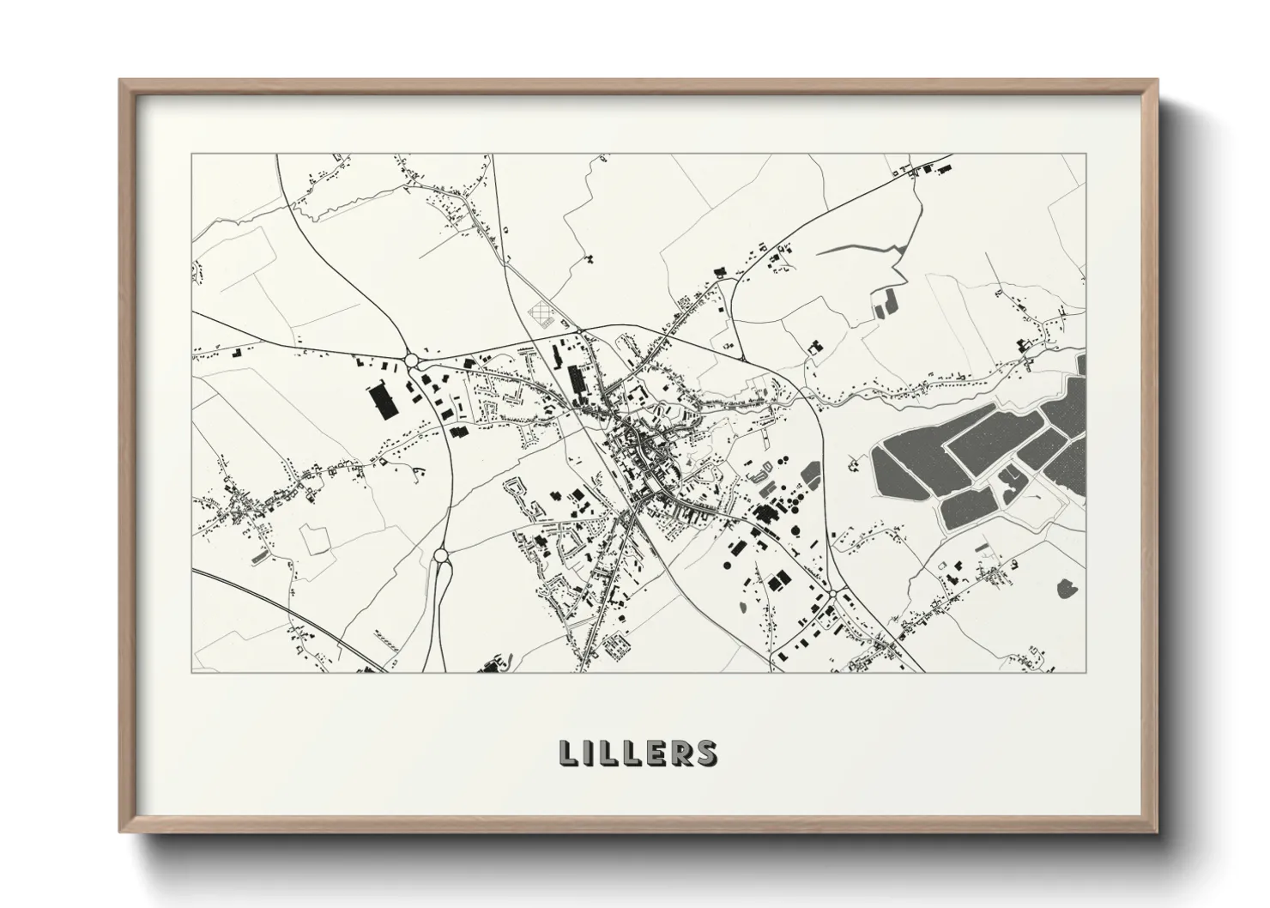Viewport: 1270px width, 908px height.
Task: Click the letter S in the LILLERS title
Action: point(706,753)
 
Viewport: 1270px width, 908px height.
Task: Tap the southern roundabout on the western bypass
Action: point(441,556)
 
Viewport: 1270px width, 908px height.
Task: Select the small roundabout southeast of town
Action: point(832,594)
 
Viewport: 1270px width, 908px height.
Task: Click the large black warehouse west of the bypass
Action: point(383,401)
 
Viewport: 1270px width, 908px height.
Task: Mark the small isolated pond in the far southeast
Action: point(1068,589)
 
